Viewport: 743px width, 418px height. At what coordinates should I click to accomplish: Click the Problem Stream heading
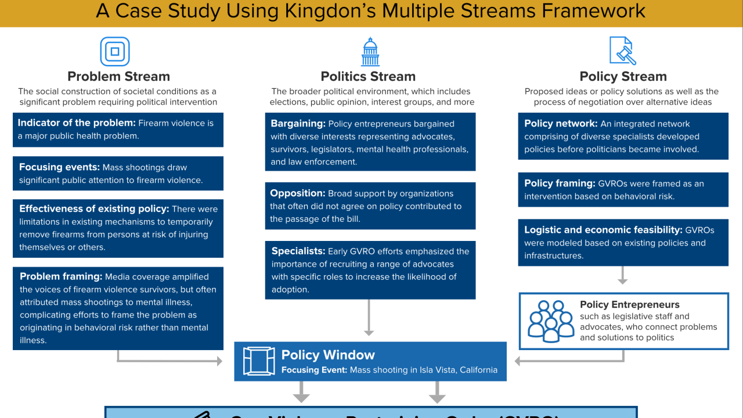[118, 77]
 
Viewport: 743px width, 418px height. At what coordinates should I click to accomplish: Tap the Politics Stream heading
[368, 77]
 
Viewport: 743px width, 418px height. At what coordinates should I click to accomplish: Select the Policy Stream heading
[623, 77]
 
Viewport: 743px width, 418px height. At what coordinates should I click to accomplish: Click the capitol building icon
[370, 52]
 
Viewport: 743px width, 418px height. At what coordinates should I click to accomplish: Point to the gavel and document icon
[623, 51]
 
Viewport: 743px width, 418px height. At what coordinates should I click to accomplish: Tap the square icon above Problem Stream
[115, 52]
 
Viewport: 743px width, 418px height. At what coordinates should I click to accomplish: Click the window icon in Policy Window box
[259, 361]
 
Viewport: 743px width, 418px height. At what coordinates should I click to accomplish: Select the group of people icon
[551, 321]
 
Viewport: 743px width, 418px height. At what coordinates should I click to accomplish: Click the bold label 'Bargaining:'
[298, 124]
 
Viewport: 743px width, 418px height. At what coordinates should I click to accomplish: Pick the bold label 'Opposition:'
[297, 193]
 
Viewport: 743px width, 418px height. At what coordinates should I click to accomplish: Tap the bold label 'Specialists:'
[298, 251]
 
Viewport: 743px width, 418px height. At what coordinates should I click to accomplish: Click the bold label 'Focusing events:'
[59, 167]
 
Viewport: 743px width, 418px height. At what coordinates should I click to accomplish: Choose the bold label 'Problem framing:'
[61, 277]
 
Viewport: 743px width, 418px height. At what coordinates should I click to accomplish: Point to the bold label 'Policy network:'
[561, 124]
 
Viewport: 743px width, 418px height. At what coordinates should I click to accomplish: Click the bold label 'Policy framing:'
[560, 183]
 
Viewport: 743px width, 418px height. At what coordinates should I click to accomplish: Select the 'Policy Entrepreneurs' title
[629, 304]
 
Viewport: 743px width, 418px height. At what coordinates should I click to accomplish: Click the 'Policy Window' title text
[328, 355]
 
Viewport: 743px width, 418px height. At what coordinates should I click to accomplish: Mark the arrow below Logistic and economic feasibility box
[623, 275]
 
